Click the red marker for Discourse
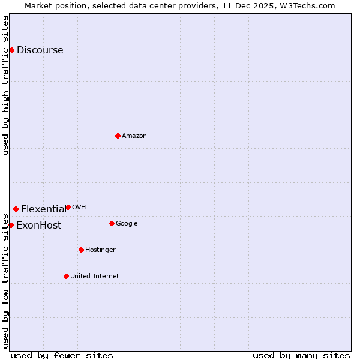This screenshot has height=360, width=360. pos(11,50)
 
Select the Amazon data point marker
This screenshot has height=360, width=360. pos(118,136)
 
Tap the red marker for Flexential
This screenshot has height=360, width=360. pos(16,209)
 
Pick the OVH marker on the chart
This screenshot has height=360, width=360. pos(68,207)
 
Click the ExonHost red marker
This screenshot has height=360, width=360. pos(11,225)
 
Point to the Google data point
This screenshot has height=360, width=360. pos(112,223)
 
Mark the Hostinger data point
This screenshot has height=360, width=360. pos(81,250)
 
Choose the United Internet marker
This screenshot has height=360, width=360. pos(66,276)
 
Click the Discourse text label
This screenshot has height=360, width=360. pos(40,50)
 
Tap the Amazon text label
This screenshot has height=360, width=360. pos(134,136)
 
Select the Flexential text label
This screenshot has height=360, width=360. pos(43,209)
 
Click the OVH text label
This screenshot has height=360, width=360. pos(79,208)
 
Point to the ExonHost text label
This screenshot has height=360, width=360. pos(38,226)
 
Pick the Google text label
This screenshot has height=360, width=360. pos(127,224)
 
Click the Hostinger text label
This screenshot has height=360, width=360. pos(100,250)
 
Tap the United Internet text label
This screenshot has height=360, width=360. pos(94,277)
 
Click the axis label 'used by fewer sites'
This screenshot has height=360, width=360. pos(62,355)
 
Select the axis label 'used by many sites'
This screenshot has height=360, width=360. pos(301,355)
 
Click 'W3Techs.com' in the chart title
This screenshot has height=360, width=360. pos(310,5)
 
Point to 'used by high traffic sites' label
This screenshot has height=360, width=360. pos(6,85)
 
